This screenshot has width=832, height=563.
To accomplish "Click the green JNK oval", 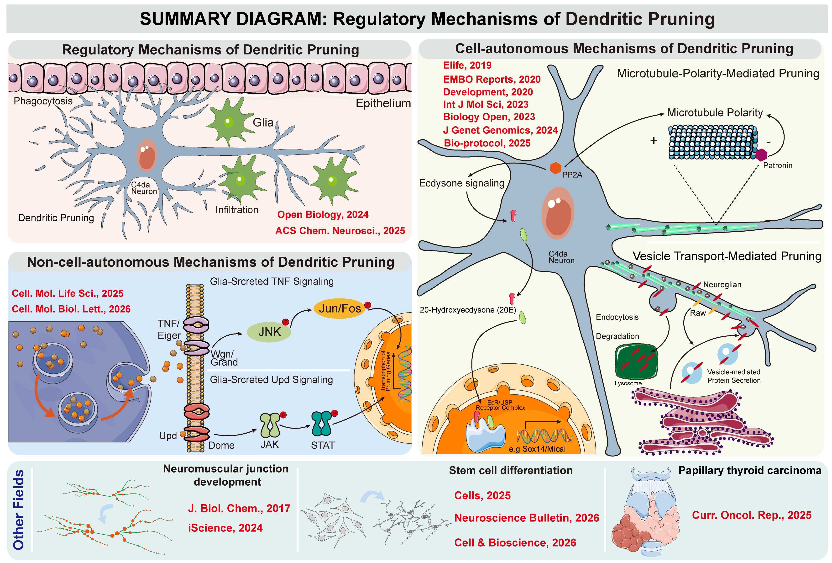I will pos(269,332).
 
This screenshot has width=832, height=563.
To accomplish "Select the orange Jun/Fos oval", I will pos(339,308).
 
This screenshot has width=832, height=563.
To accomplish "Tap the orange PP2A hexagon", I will pos(555,168).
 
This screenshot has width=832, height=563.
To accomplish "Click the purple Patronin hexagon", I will pos(761,155).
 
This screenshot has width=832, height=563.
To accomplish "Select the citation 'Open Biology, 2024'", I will pos(323,214).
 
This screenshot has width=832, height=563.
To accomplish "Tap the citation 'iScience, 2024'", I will pos(225,528).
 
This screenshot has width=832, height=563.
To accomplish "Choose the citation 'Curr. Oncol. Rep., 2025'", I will pos(751,515).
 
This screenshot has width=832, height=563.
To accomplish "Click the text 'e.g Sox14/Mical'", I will pos(537,449).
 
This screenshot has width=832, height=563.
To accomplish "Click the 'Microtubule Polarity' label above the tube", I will pos(715,112).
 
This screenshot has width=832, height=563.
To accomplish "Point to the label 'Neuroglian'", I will pos(722,284).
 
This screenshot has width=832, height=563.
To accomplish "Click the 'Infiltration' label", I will pos(237,210).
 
